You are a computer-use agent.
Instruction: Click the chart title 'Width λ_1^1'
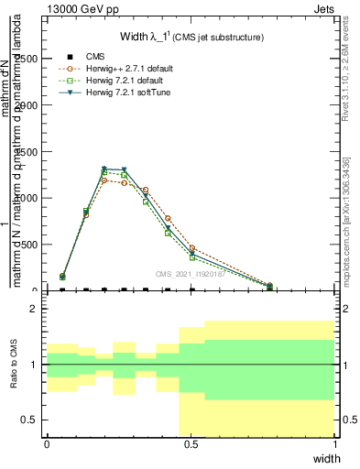tap(191, 38)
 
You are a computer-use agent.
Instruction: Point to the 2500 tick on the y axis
tap(26, 59)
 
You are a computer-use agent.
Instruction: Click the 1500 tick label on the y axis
tap(26, 151)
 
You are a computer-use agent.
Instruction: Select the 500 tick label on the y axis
tap(28, 245)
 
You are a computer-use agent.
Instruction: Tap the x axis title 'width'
tap(326, 457)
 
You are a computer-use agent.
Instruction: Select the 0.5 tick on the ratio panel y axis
tap(30, 420)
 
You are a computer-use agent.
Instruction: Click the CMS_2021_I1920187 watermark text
tap(191, 273)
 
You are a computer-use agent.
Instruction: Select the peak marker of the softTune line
tap(104, 169)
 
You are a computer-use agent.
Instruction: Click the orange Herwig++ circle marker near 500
tap(191, 248)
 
